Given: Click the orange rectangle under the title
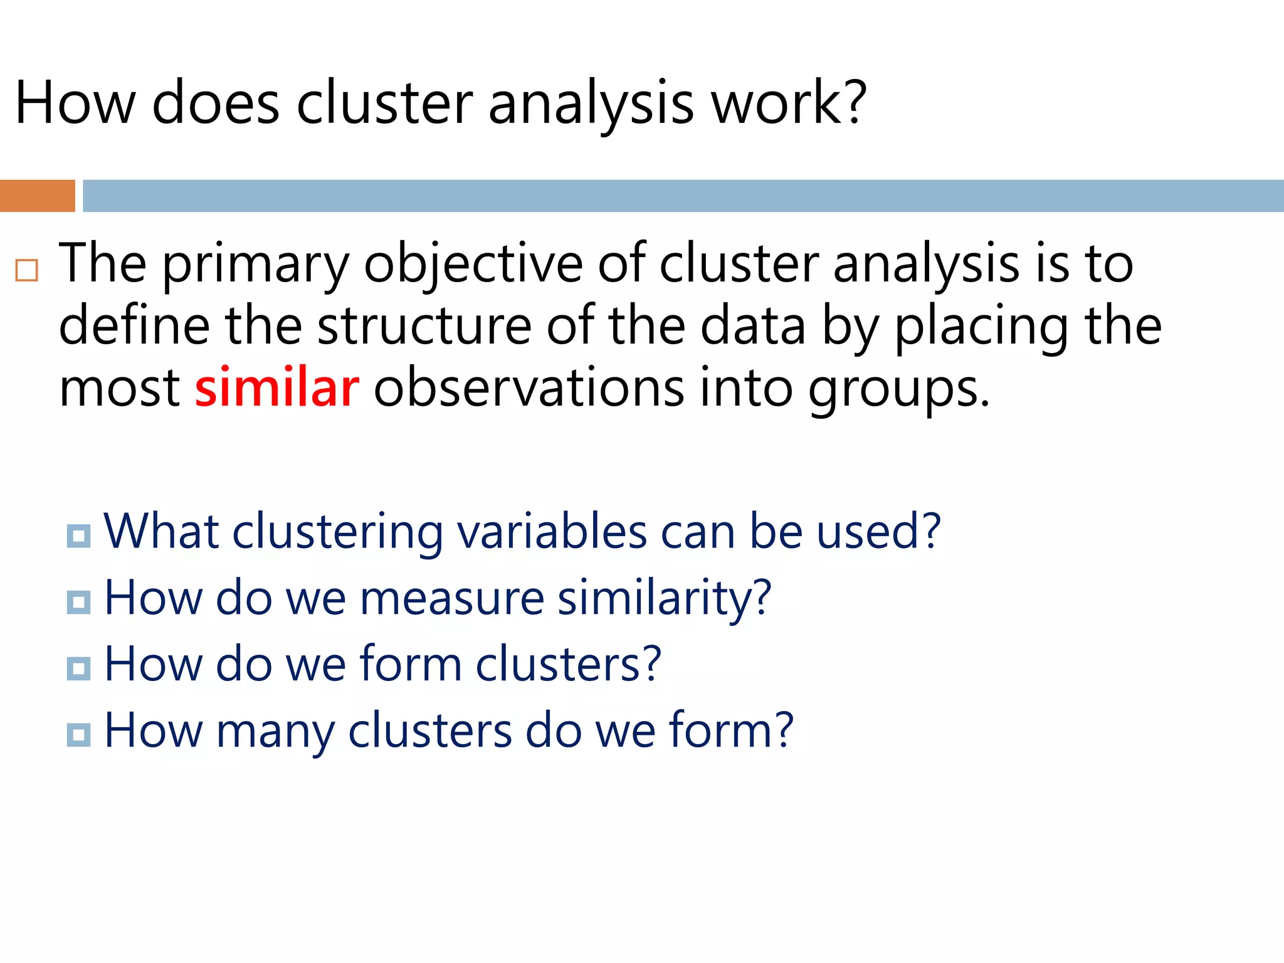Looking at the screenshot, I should pos(37,196).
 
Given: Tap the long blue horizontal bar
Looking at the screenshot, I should pos(683,196).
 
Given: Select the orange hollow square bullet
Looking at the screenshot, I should pos(27,270).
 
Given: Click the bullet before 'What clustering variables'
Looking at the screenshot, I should pos(78,536).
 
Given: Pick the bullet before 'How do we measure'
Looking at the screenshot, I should pos(78,603).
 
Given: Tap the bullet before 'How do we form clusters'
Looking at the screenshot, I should pos(78,668).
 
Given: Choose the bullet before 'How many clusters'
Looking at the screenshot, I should pos(78,735).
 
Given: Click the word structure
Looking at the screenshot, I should pos(424,326).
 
